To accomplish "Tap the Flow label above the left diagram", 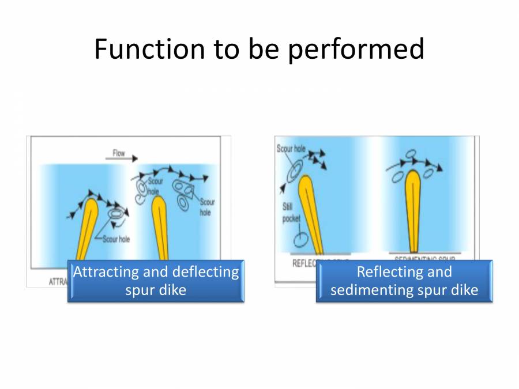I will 118,154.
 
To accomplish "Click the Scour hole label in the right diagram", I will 291,149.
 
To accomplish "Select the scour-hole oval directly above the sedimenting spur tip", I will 411,154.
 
